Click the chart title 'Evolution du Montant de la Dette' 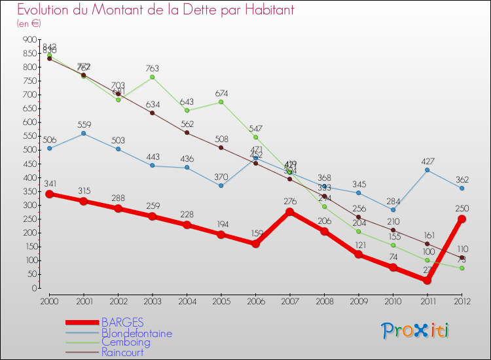pyautogui.click(x=155, y=10)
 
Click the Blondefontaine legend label pyautogui.click(x=137, y=333)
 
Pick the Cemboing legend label pyautogui.click(x=126, y=342)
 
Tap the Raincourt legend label pyautogui.click(x=122, y=352)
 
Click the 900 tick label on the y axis pyautogui.click(x=30, y=40)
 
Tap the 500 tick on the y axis pyautogui.click(x=30, y=150)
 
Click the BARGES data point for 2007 pyautogui.click(x=289, y=211)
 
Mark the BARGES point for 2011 pyautogui.click(x=427, y=280)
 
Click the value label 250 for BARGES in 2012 pyautogui.click(x=462, y=209)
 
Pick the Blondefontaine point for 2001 pyautogui.click(x=83, y=134)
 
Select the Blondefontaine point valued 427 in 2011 pyautogui.click(x=427, y=170)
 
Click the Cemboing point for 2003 pyautogui.click(x=152, y=77)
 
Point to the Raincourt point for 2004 pyautogui.click(x=187, y=133)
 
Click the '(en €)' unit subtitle pyautogui.click(x=29, y=24)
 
